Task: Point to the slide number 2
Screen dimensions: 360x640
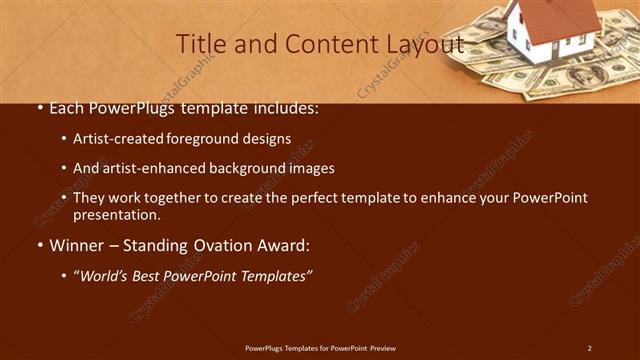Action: coord(589,348)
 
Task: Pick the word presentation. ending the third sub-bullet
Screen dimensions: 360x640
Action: coord(117,214)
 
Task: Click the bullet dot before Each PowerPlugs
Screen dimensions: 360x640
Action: coord(37,108)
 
